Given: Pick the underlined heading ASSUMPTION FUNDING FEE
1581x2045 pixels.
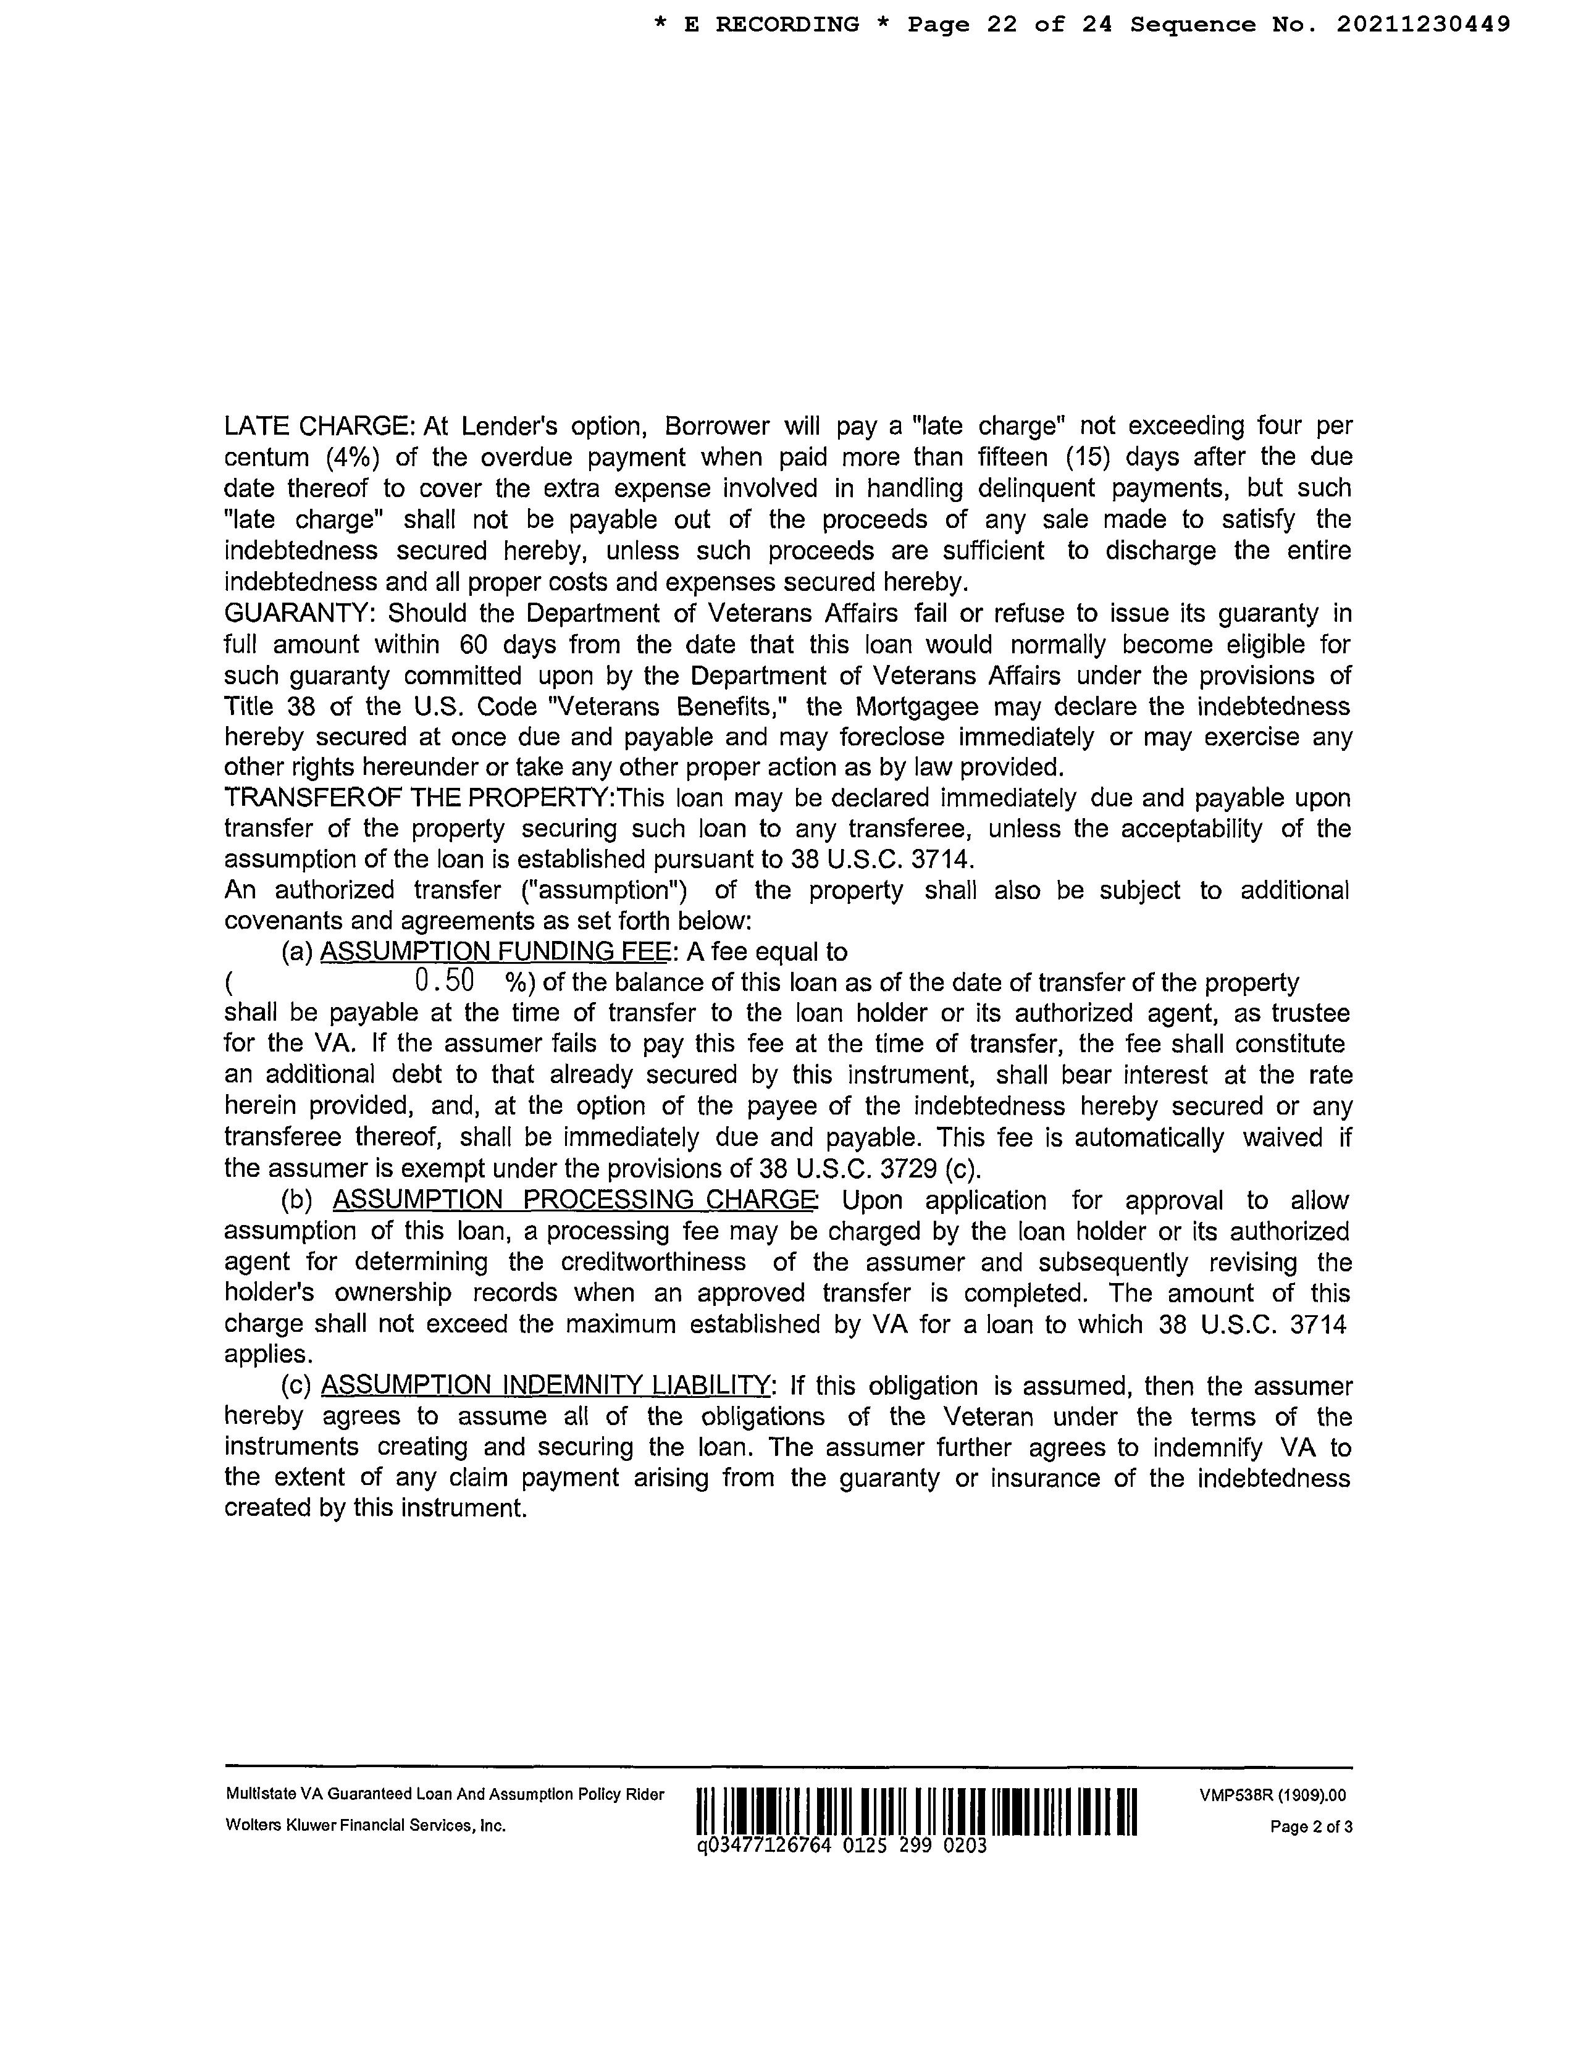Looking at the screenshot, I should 495,952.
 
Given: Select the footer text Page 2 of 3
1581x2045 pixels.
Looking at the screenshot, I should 1311,1827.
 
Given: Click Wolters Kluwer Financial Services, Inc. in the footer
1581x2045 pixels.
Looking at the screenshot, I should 365,1826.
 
